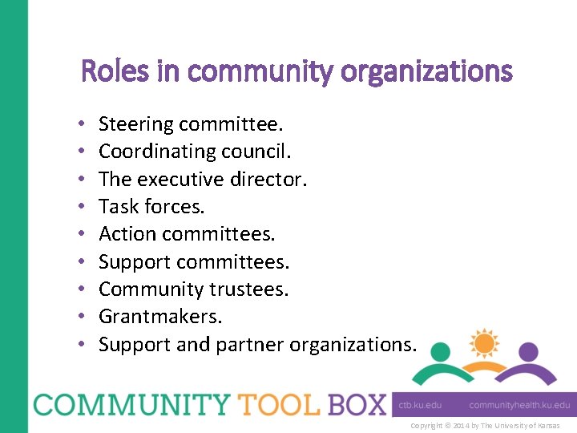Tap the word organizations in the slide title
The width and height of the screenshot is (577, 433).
click(426, 72)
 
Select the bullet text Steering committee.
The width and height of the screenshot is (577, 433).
click(191, 124)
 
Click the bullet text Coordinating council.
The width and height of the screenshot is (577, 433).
click(196, 152)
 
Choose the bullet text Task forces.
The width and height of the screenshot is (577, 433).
click(151, 207)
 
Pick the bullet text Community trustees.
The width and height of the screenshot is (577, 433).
click(193, 289)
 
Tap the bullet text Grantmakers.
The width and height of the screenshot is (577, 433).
click(160, 317)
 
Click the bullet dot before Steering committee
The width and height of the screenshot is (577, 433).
click(83, 125)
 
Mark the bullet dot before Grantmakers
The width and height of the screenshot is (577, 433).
click(83, 318)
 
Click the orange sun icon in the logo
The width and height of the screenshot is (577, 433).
click(484, 343)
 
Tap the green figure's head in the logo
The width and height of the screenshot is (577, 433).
click(442, 352)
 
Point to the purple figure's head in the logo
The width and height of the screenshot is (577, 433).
click(527, 352)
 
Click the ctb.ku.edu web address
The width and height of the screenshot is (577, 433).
click(421, 405)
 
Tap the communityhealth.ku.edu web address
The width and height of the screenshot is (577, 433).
click(519, 405)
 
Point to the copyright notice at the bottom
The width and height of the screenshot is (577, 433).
click(485, 426)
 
